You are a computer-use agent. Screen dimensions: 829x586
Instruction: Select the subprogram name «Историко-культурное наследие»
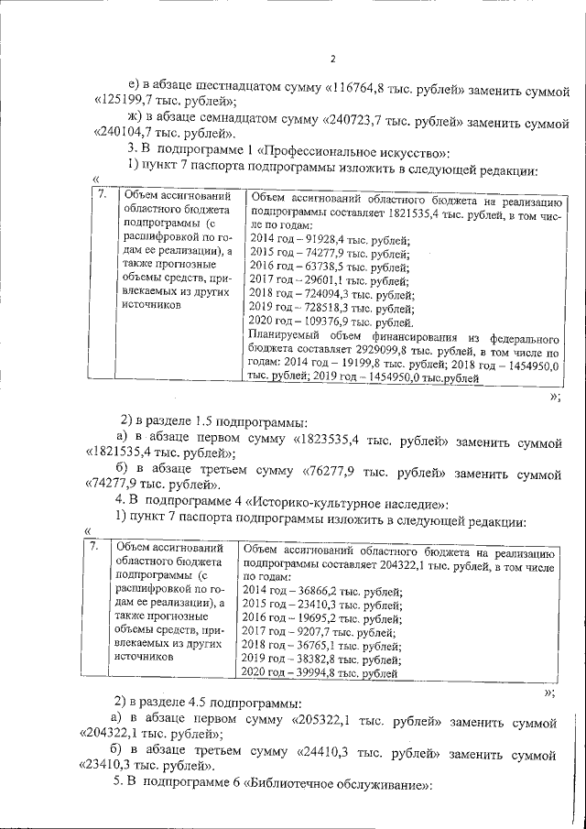[x=343, y=505]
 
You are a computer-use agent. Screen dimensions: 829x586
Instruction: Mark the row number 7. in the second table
[x=94, y=549]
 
